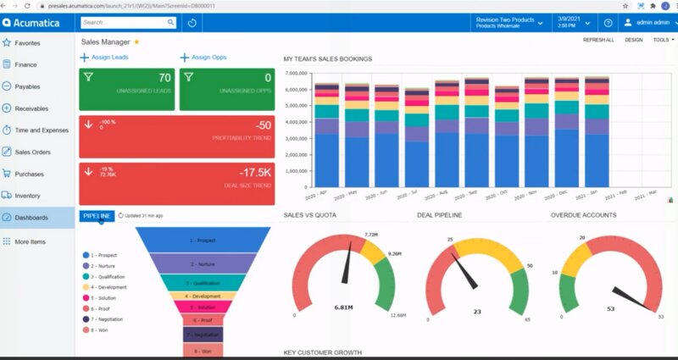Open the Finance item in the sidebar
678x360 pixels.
[x=25, y=64]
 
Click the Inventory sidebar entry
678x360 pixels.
[x=27, y=196]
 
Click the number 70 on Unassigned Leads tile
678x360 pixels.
[x=164, y=78]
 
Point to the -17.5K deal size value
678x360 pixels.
[x=253, y=172]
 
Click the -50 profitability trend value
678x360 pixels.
[x=263, y=125]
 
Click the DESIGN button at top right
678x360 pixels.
[x=633, y=40]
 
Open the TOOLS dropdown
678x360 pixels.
[x=662, y=40]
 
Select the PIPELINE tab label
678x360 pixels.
[x=96, y=216]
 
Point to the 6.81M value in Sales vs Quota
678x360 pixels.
[x=343, y=307]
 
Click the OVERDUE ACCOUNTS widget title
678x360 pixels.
[x=583, y=215]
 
